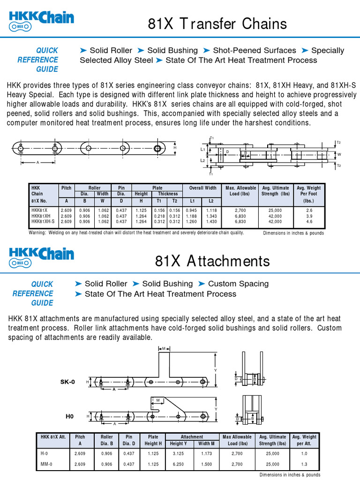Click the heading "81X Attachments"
click(x=212, y=261)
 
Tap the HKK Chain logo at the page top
click(x=41, y=20)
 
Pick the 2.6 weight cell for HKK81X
click(x=309, y=211)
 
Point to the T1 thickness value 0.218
click(x=159, y=216)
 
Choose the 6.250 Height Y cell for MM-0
click(x=177, y=464)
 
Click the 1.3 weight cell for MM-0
click(x=304, y=464)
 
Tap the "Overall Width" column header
click(x=202, y=188)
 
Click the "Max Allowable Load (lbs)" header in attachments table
click(x=237, y=440)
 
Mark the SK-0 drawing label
click(x=67, y=382)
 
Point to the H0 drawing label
click(x=69, y=416)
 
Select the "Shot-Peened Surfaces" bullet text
click(x=255, y=51)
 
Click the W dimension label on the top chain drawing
click(x=339, y=154)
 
